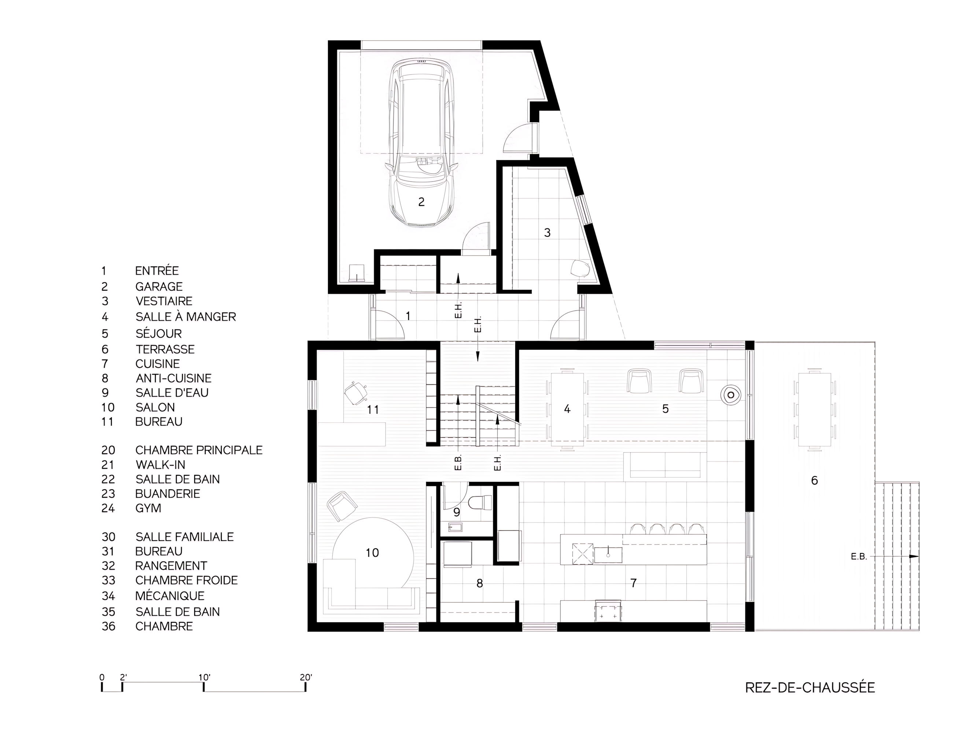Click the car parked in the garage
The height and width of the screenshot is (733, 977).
point(421,144)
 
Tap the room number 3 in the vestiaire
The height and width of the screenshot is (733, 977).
point(547,233)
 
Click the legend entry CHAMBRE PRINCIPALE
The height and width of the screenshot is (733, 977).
point(199,450)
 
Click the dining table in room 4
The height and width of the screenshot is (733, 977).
point(567,410)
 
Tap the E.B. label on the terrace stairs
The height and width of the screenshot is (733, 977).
point(859,557)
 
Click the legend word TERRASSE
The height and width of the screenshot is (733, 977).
point(165,350)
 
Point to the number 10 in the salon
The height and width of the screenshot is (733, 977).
point(372,553)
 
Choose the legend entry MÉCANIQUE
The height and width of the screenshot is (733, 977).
point(170,596)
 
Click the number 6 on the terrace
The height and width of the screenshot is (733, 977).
point(814,480)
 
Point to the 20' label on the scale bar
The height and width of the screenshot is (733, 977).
point(306,677)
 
